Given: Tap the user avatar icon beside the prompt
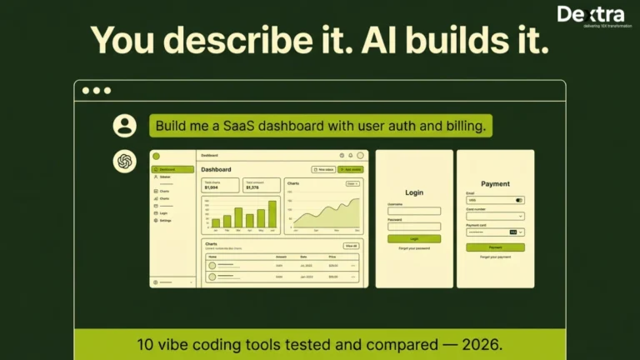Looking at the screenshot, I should [125, 126].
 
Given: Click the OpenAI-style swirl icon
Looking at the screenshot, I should [125, 161].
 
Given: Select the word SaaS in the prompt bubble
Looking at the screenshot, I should [242, 126].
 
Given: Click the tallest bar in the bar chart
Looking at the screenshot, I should [272, 214].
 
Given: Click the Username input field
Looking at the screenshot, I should [414, 211].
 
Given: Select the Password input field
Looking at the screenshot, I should [414, 226].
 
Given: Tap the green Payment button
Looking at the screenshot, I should [495, 247].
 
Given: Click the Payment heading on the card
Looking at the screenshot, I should [495, 183].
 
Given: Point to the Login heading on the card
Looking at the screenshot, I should [414, 192].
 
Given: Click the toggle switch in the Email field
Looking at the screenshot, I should [519, 200].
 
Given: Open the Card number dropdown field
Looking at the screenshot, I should [495, 216].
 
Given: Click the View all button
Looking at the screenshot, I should [351, 246].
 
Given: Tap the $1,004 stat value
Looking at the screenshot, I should [212, 187].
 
